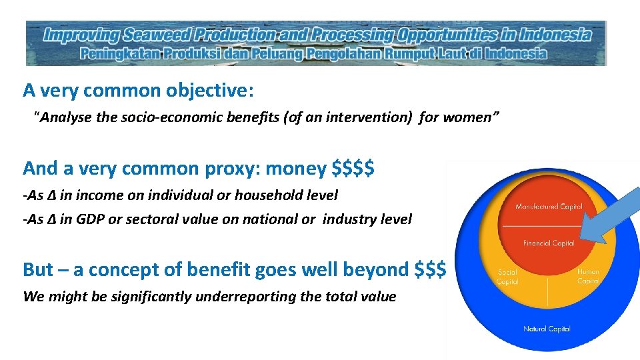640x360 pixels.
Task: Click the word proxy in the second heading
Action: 226,169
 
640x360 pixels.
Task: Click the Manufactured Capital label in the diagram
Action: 549,207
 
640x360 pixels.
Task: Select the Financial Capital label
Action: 549,243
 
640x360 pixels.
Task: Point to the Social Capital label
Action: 507,277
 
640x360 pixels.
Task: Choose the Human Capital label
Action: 588,276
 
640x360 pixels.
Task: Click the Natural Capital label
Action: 547,329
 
